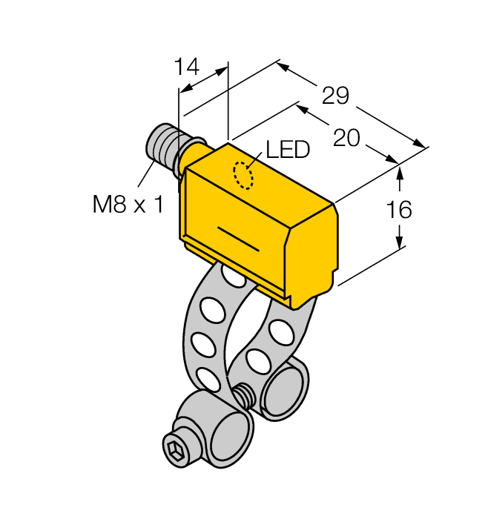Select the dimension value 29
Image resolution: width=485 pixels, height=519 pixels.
(x=335, y=96)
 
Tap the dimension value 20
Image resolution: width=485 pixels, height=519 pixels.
(x=347, y=138)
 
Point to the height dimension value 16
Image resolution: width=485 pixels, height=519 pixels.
(x=400, y=210)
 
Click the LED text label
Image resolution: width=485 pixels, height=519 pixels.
(x=287, y=151)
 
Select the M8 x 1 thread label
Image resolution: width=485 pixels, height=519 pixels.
(x=128, y=204)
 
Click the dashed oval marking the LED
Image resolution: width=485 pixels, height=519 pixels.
(x=242, y=175)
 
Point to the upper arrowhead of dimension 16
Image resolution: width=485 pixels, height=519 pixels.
(x=400, y=173)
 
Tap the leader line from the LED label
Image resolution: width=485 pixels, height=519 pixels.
(x=256, y=160)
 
